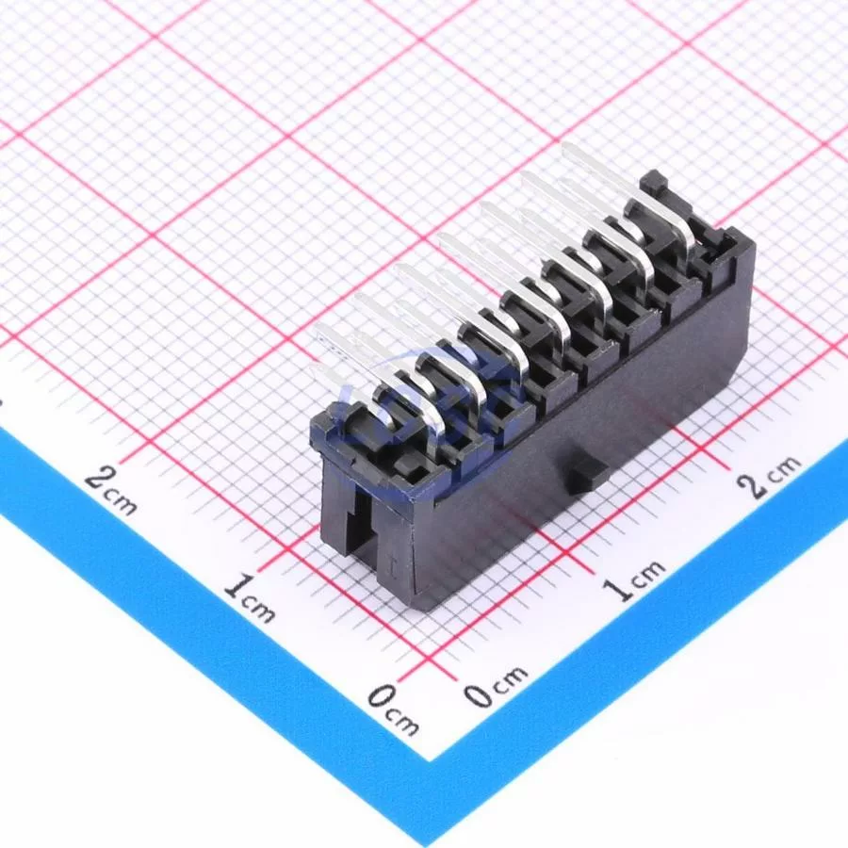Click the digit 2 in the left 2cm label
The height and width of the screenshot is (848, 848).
(98, 478)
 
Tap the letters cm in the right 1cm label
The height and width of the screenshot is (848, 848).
(649, 572)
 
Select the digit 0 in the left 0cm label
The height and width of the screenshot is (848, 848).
(381, 696)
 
